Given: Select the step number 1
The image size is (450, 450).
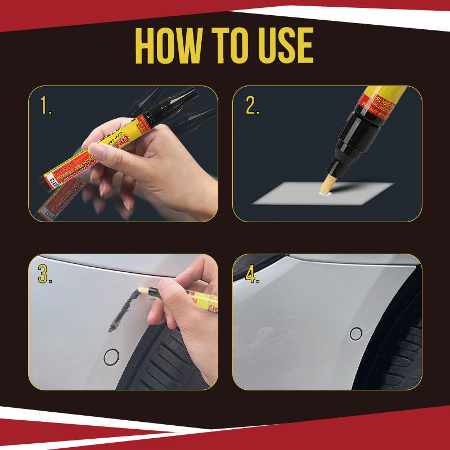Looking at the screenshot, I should click(x=44, y=106).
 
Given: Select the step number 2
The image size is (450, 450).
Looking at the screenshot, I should click(x=251, y=106).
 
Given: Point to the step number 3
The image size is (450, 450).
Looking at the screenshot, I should click(x=46, y=273).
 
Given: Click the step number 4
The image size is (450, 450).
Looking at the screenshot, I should click(x=252, y=273).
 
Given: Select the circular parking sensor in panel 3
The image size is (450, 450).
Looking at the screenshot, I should click(x=112, y=356).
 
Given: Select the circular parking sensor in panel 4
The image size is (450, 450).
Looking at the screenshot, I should click(x=355, y=334).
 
